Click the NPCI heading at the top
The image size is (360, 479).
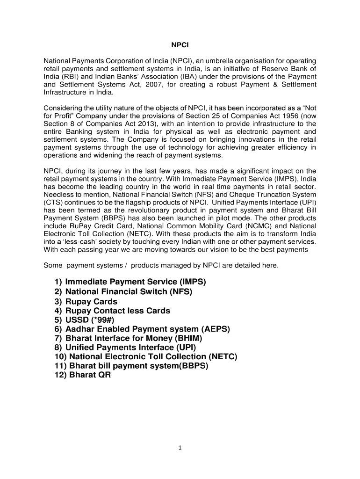180,46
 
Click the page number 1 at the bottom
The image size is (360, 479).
180,448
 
